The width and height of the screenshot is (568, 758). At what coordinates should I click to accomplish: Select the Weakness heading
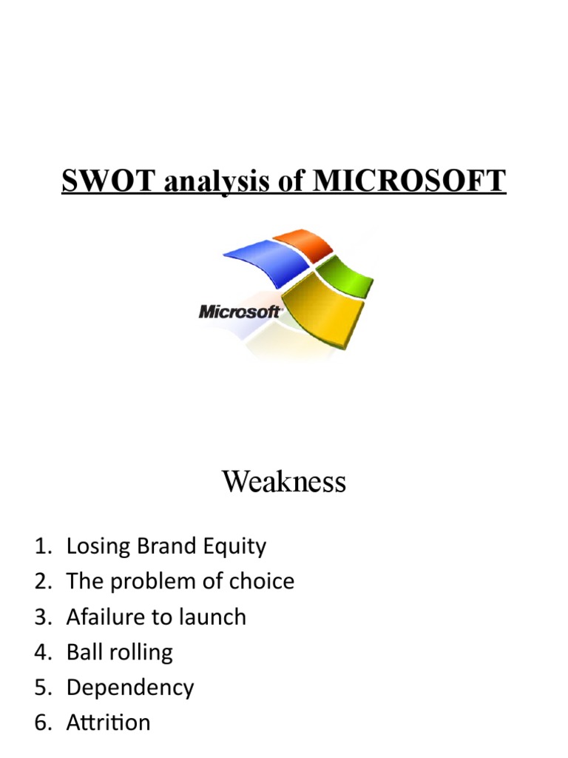click(x=284, y=483)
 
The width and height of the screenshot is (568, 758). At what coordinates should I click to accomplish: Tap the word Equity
click(x=237, y=548)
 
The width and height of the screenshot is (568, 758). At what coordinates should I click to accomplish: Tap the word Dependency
click(x=130, y=688)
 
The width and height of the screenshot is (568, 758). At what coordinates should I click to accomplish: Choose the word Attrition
click(x=108, y=722)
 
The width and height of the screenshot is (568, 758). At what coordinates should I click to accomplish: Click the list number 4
click(x=41, y=652)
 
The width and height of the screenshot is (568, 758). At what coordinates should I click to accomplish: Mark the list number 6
click(x=41, y=722)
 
